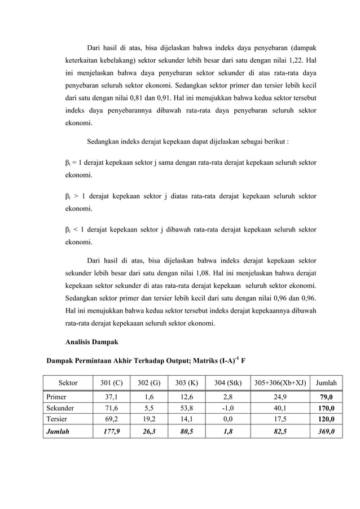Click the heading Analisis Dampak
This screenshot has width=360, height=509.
[x=90, y=341]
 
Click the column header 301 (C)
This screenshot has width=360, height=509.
[x=111, y=383]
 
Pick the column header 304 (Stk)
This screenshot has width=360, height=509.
[x=228, y=383]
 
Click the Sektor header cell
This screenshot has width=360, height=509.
[x=68, y=383]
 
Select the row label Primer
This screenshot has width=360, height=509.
[x=57, y=397]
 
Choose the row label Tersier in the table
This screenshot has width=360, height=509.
[x=58, y=419]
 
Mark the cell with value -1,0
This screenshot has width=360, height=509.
[x=228, y=408]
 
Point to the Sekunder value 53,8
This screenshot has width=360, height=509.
[x=185, y=408]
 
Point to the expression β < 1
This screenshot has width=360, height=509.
[x=73, y=229]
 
